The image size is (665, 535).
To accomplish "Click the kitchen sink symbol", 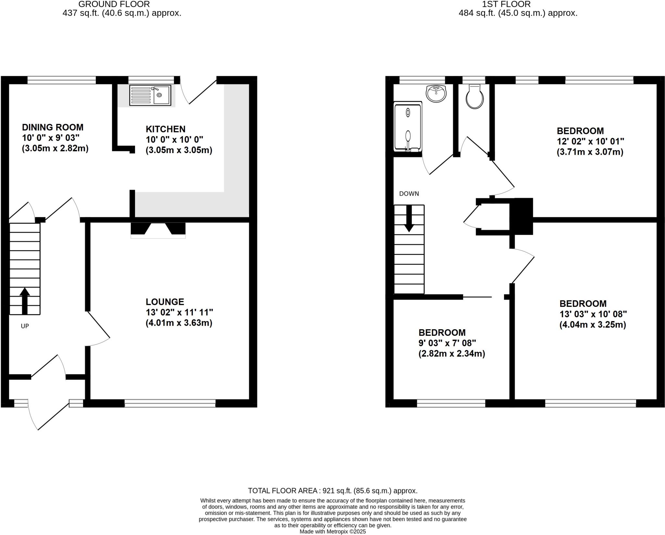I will click(x=150, y=95).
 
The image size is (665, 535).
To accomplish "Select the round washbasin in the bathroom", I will click(x=436, y=93).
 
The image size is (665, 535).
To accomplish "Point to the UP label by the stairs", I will click(x=25, y=326).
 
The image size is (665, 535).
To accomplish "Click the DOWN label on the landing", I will click(x=409, y=194).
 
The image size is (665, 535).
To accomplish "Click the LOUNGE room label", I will click(x=165, y=302).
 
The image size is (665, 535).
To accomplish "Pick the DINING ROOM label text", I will click(x=53, y=127).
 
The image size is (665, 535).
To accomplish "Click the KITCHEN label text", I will click(x=165, y=129).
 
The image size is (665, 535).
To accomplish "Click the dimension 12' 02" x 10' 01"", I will click(x=590, y=141).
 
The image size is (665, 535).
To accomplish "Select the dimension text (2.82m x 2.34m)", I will click(x=451, y=354).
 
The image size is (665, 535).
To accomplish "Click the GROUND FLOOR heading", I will click(x=114, y=4).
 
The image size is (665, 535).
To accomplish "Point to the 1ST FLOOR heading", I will click(x=518, y=4).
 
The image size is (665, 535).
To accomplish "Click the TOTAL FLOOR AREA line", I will click(x=332, y=491).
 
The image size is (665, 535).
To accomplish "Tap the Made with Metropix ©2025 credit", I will click(x=332, y=532).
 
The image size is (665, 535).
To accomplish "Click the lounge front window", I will click(x=170, y=403).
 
